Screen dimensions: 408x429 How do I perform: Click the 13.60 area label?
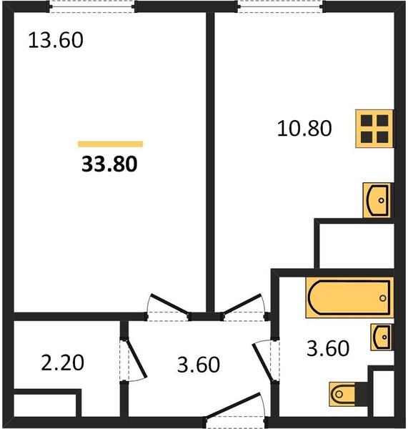point(56,40)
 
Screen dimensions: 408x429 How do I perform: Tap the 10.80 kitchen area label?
point(304,128)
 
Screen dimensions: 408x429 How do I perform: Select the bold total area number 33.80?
point(109,164)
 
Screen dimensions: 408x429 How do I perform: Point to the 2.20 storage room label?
point(62,363)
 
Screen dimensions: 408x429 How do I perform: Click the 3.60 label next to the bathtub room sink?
point(328,348)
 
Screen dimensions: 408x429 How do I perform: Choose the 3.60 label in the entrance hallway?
point(199,365)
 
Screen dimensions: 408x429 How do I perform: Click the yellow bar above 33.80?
point(111,144)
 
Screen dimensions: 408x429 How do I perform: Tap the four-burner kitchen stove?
point(375,129)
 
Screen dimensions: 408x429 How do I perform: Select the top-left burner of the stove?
point(367,120)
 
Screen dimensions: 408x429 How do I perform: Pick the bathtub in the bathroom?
point(349,297)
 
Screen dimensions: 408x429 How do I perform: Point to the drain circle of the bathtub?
point(383,298)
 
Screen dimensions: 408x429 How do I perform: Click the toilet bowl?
point(342,394)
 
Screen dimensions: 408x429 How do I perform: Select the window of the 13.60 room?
point(92,6)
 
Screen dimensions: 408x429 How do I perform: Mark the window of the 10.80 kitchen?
point(281,6)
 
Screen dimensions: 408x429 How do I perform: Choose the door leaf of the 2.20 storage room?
point(136,359)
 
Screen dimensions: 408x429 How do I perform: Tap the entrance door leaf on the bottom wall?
point(233,405)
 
